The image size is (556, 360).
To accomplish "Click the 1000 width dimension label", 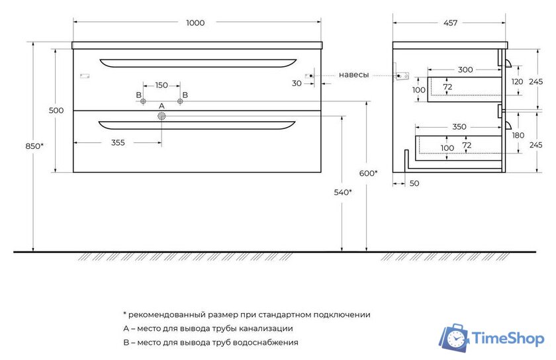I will pyautogui.click(x=195, y=23).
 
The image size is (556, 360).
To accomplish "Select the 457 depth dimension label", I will pyautogui.click(x=450, y=23).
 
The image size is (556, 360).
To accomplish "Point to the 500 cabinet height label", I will pyautogui.click(x=56, y=111).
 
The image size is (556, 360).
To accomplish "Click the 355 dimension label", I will pyautogui.click(x=118, y=142).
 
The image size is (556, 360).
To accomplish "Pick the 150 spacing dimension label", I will pyautogui.click(x=161, y=85).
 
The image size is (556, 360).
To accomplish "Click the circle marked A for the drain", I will pyautogui.click(x=161, y=116).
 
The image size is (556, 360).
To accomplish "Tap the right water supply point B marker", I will pyautogui.click(x=180, y=101).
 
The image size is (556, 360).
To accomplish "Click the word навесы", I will pyautogui.click(x=354, y=75).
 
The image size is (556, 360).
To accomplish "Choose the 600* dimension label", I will pyautogui.click(x=369, y=173).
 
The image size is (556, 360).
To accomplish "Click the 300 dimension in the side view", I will pyautogui.click(x=465, y=69).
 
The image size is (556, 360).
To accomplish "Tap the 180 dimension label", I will pyautogui.click(x=518, y=135).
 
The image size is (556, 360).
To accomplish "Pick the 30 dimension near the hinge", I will pyautogui.click(x=297, y=83).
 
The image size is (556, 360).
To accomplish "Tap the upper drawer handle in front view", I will pyautogui.click(x=198, y=63).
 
